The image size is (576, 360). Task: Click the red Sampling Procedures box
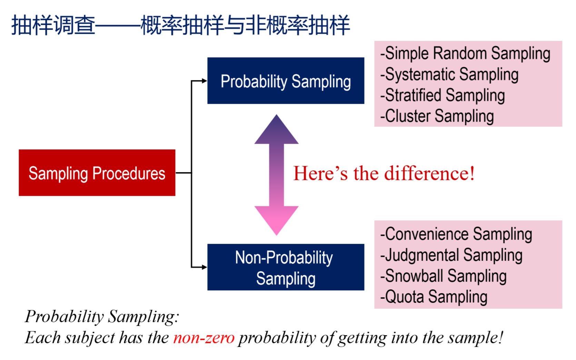(x=97, y=173)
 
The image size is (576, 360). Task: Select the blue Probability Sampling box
(x=286, y=81)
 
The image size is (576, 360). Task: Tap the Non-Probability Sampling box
(x=286, y=267)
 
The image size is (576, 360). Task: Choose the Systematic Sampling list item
(x=449, y=74)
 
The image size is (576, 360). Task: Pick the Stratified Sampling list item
(x=442, y=96)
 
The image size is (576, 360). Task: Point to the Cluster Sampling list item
(x=437, y=116)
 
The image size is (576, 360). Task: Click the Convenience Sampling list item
(x=456, y=234)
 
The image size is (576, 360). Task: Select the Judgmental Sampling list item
(x=451, y=255)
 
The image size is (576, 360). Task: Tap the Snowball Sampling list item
(x=443, y=276)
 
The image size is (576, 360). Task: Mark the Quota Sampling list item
(x=434, y=297)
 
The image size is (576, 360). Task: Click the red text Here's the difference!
(x=384, y=173)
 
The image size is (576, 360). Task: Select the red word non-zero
(x=204, y=338)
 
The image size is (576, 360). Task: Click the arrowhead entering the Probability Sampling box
(x=204, y=81)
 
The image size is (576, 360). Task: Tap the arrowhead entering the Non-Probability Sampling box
(x=204, y=267)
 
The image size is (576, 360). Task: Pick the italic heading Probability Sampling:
(x=102, y=317)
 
